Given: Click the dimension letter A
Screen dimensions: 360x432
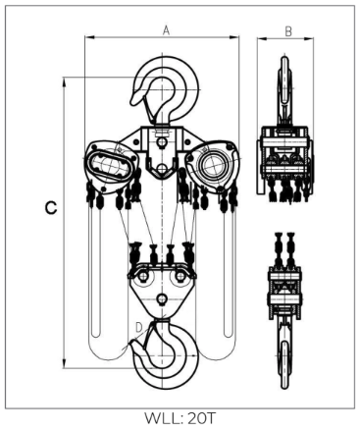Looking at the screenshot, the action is (167, 30).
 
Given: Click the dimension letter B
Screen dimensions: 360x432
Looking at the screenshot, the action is (288, 31).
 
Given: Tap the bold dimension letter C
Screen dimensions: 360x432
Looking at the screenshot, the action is (51, 208).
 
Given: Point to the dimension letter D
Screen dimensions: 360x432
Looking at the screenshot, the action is (139, 327).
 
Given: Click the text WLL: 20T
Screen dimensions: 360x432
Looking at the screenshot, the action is (180, 418).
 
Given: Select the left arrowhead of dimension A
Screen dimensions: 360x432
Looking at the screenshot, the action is (89, 37).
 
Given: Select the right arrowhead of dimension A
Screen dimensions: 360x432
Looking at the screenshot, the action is (234, 37).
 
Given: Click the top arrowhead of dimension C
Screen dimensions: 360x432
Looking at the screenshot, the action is (65, 82).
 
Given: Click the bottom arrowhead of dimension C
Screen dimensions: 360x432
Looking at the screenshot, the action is (65, 363).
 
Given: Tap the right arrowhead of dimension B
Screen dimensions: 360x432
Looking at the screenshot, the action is (309, 39).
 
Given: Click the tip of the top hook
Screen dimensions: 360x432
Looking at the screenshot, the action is (133, 102).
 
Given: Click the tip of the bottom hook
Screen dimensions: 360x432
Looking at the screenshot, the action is (131, 343).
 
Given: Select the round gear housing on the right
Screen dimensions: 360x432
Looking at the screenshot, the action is (212, 165).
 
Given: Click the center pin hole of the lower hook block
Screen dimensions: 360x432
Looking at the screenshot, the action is (161, 298).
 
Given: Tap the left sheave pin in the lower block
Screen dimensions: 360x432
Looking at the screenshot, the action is (142, 277).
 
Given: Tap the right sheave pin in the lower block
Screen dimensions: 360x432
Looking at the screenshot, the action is (180, 277).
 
